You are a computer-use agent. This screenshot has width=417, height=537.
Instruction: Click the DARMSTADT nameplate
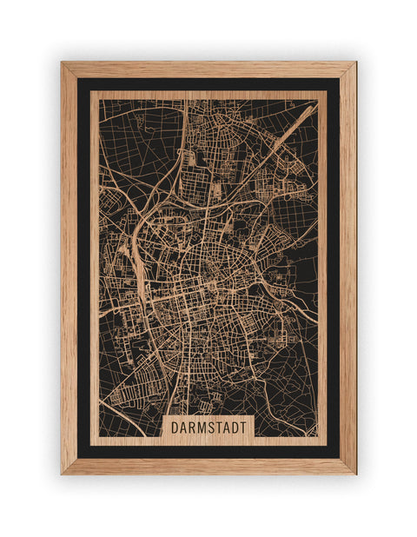pyautogui.click(x=208, y=428)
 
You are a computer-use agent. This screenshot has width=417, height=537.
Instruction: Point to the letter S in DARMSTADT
pyautogui.click(x=209, y=428)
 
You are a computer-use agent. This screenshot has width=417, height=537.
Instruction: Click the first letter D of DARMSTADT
pyautogui.click(x=173, y=428)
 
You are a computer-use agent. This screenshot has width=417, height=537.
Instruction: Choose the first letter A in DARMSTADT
pyautogui.click(x=181, y=428)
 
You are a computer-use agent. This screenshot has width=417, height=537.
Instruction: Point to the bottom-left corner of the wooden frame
pyautogui.click(x=63, y=473)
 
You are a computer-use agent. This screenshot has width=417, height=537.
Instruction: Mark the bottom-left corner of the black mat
pyautogui.click(x=78, y=457)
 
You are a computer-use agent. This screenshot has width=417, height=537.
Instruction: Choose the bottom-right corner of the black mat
pyautogui.click(x=339, y=457)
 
